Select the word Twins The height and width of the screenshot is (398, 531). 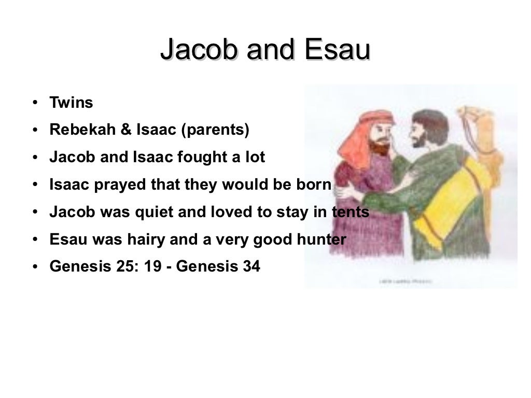tap(71, 103)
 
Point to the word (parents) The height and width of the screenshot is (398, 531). tap(215, 130)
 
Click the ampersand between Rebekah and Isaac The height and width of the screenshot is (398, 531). tap(126, 130)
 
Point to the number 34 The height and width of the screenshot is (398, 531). tap(251, 267)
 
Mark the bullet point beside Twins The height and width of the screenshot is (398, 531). tap(34, 103)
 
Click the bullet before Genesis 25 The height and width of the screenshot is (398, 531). tap(34, 267)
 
